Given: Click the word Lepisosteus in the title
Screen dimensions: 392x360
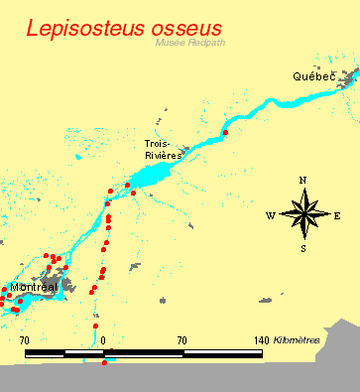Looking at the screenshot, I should (85, 29).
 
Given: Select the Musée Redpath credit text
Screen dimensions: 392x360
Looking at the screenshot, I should (186, 43).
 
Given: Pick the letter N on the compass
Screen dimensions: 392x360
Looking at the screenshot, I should (302, 180).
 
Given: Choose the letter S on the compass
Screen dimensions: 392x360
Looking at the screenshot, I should (303, 248).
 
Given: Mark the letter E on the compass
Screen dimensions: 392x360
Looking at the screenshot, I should (337, 215).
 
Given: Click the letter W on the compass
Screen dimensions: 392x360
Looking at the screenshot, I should (270, 215).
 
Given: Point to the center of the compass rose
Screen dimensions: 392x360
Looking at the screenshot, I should (303, 214).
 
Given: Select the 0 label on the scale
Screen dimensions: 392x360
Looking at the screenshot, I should (102, 340).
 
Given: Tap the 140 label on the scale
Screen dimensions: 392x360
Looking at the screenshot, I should (262, 340).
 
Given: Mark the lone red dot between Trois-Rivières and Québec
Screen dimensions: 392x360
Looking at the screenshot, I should (226, 132).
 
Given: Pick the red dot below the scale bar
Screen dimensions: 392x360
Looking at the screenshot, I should (104, 363).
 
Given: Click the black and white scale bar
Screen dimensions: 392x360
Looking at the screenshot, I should (144, 352).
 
